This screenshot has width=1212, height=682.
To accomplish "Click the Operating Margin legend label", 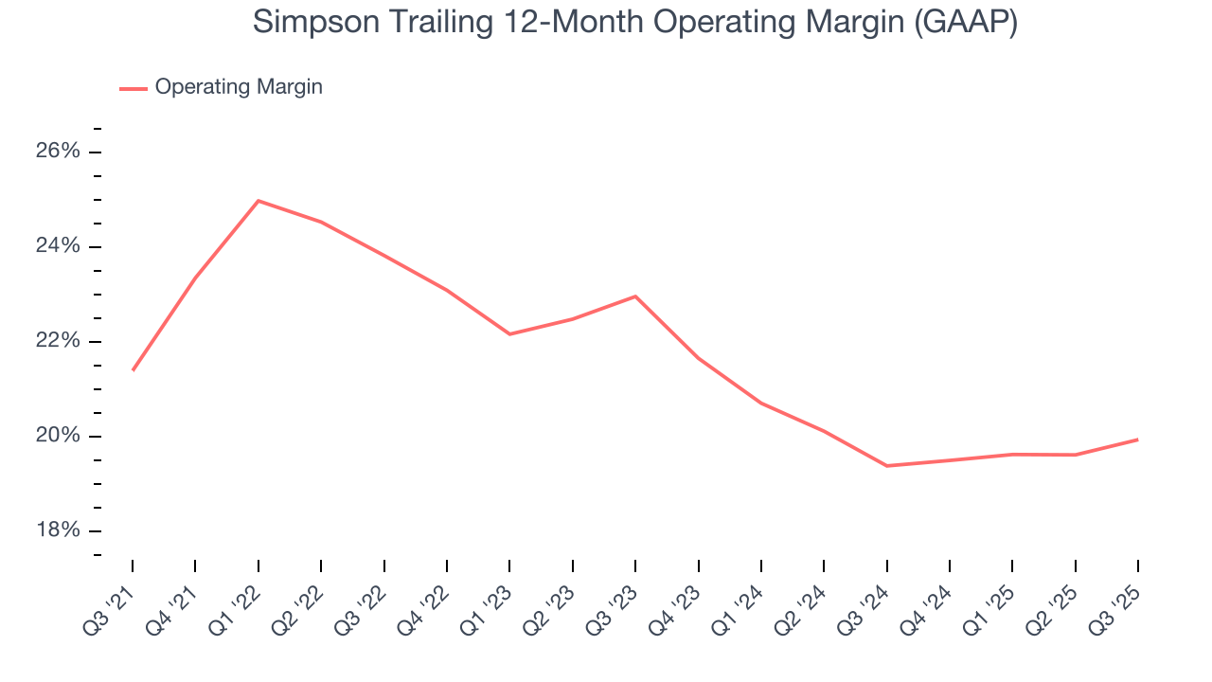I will (239, 87).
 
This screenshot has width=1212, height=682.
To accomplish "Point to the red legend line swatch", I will (134, 88).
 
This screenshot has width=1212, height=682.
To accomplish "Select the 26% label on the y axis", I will (59, 152).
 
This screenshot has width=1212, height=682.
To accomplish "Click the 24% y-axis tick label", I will (59, 246).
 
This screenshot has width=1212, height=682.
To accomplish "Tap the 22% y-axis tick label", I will (59, 341).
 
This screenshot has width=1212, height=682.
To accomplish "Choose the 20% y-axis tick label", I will (59, 436).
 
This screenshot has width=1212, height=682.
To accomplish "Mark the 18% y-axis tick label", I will (59, 530).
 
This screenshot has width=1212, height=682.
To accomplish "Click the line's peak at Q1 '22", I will (258, 201).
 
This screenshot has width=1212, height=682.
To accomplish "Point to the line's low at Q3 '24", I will (886, 466).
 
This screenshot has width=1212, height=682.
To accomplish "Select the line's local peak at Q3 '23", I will (635, 296).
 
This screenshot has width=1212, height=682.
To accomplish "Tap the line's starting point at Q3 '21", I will (133, 369).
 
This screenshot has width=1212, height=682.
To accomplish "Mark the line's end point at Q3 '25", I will (1137, 440).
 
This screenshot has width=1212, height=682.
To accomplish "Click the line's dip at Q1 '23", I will (509, 334).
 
